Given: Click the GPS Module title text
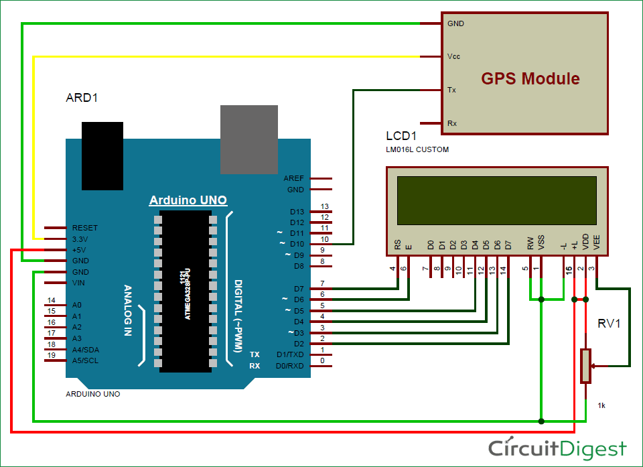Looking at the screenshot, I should pyautogui.click(x=530, y=78).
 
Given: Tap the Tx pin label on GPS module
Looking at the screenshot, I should pyautogui.click(x=452, y=90).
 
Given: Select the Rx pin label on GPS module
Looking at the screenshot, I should pyautogui.click(x=452, y=123).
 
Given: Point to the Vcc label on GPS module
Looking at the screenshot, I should pyautogui.click(x=453, y=56).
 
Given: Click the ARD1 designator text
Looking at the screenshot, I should pyautogui.click(x=82, y=98).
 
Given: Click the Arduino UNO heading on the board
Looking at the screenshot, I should pyautogui.click(x=188, y=200).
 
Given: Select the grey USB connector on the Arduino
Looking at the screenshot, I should pyautogui.click(x=249, y=139).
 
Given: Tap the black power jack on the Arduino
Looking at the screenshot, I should pyautogui.click(x=102, y=155).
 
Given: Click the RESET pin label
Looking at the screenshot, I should pyautogui.click(x=85, y=228).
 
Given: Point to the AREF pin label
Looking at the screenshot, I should pyautogui.click(x=293, y=179).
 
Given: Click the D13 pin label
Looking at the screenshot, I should pyautogui.click(x=297, y=212).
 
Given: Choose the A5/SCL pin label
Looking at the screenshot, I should pyautogui.click(x=84, y=360).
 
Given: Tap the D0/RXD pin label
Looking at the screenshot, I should pyautogui.click(x=289, y=366).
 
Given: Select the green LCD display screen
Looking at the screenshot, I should pyautogui.click(x=496, y=199).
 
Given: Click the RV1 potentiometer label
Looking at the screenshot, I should pyautogui.click(x=609, y=324).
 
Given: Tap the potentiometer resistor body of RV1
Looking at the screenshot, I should pyautogui.click(x=586, y=366).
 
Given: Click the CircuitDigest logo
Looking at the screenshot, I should pyautogui.click(x=557, y=448).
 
